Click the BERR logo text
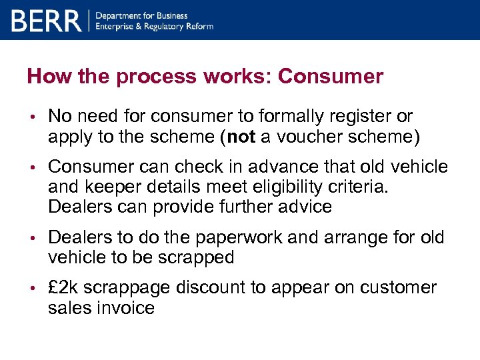[46, 21]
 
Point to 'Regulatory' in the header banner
[169, 27]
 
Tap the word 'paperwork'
[217, 238]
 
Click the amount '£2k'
[65, 288]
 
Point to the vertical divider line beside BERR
[89, 21]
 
